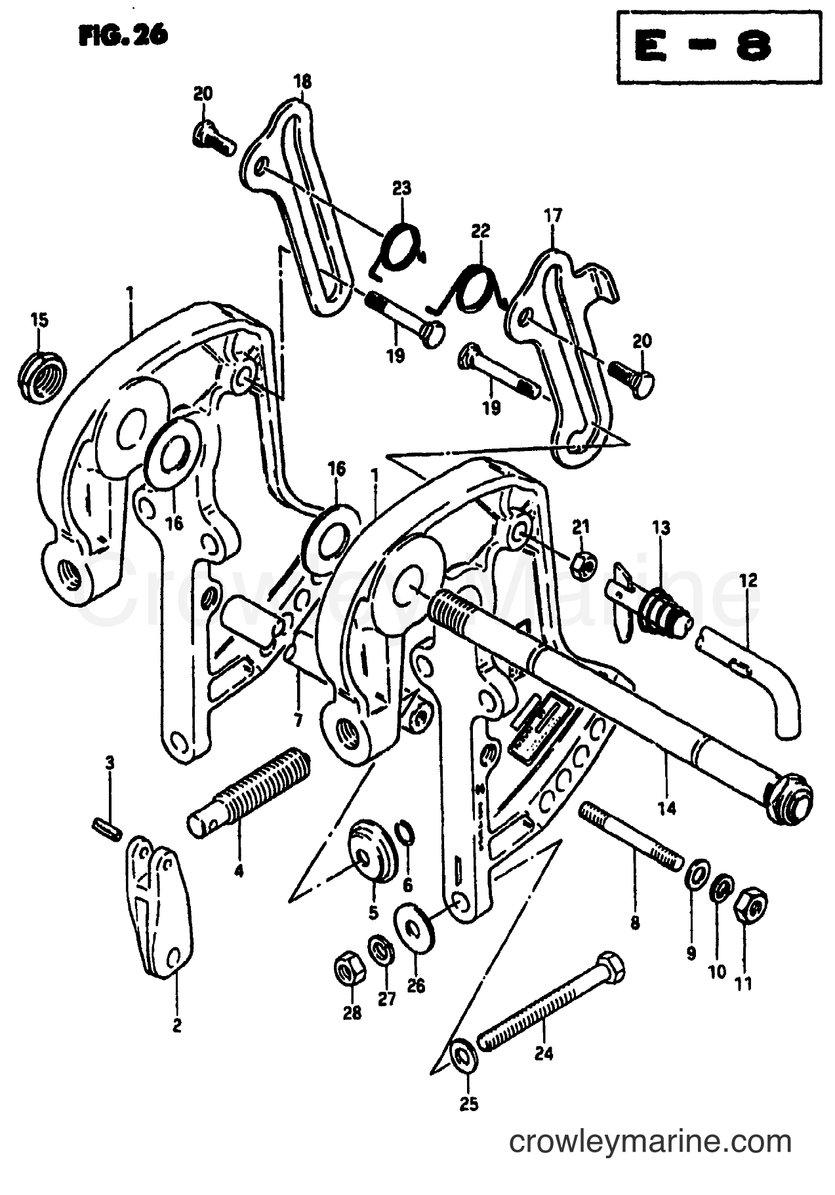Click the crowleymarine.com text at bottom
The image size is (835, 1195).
[651, 1143]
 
